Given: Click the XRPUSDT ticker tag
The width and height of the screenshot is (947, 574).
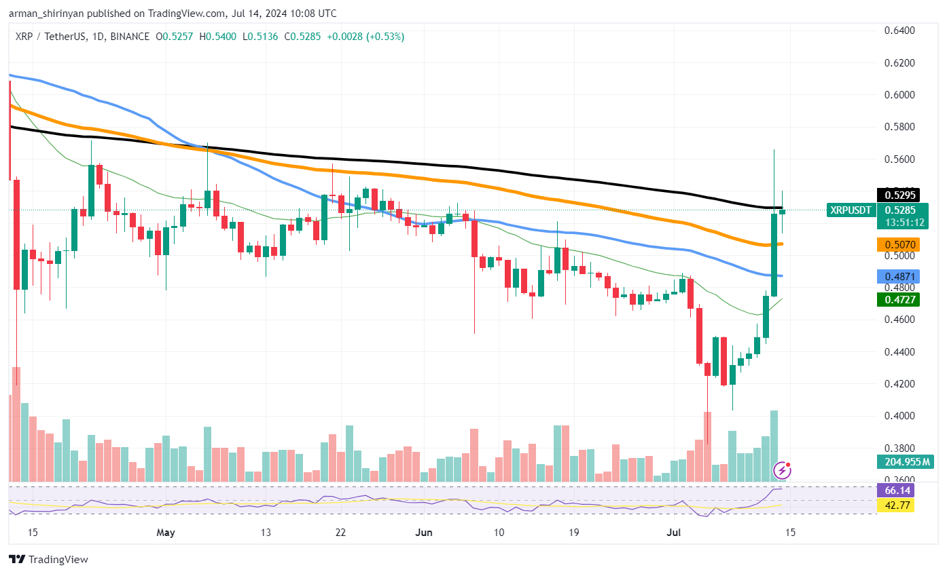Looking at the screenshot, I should [850, 210].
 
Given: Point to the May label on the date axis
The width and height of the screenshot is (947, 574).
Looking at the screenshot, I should [166, 533].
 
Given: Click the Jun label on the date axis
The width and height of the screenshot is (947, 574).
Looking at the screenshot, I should [423, 533].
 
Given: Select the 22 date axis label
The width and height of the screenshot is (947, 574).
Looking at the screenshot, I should [340, 533].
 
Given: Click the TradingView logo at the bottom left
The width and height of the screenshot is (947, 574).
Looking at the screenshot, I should [48, 560].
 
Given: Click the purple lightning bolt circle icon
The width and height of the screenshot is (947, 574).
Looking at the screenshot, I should [783, 470].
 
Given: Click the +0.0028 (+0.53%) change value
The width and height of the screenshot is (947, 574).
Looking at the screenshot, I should [365, 37].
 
